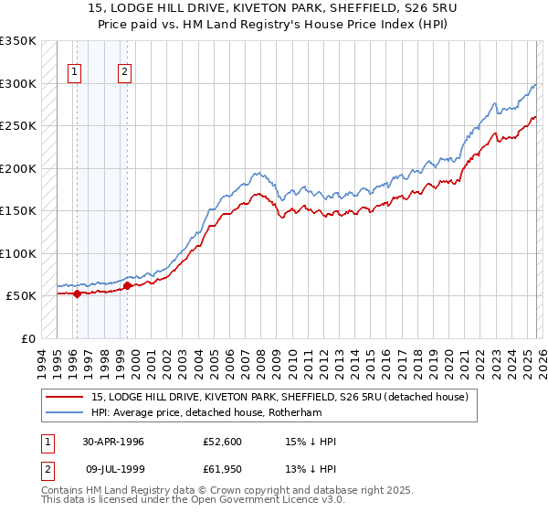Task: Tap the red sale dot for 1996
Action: tap(77, 293)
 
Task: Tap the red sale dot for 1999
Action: tap(127, 286)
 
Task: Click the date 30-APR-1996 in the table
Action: tap(113, 442)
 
